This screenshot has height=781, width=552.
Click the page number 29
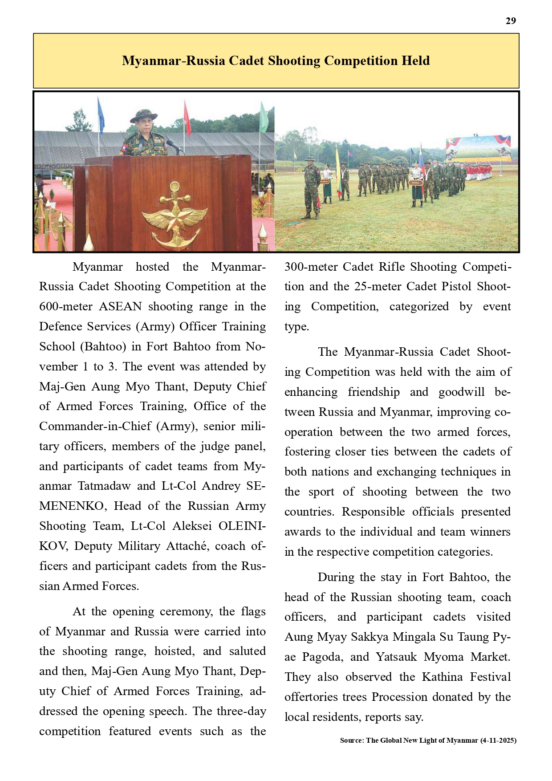511,21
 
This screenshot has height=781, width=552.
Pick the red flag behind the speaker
187,118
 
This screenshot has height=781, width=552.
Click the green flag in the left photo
264,117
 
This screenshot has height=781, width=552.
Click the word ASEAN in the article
120,306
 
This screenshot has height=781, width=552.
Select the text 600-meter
66,306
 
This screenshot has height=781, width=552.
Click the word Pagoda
322,657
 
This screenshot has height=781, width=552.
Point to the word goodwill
462,392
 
